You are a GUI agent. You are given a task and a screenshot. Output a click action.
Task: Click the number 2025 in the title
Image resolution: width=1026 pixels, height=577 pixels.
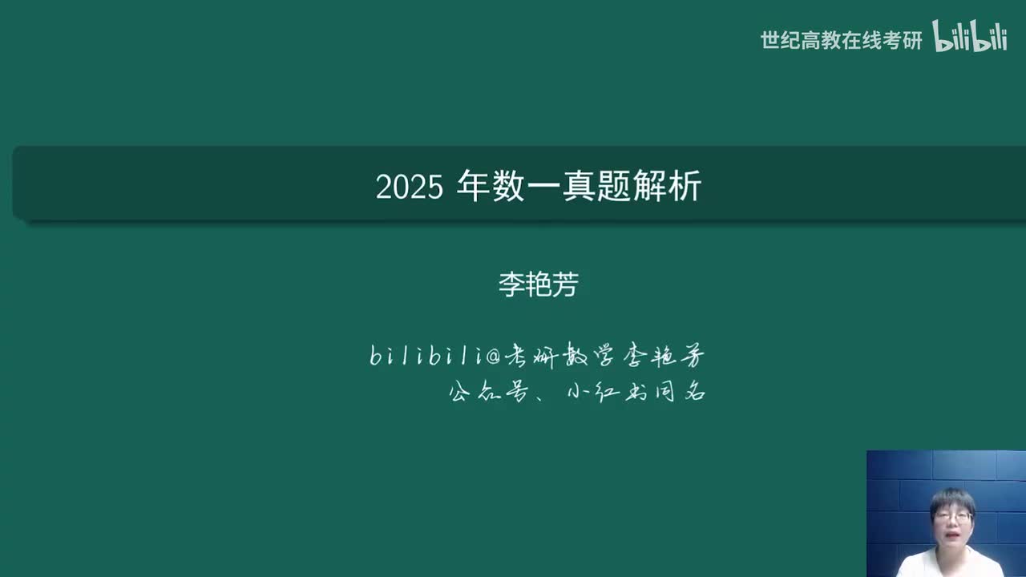409,188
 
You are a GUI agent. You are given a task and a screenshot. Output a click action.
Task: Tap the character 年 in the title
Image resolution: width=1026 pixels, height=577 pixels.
471,186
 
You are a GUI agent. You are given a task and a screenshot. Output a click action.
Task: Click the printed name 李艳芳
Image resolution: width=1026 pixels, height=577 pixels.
538,284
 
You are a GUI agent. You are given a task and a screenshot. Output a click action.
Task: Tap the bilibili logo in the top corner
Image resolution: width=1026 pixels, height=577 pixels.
969,37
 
